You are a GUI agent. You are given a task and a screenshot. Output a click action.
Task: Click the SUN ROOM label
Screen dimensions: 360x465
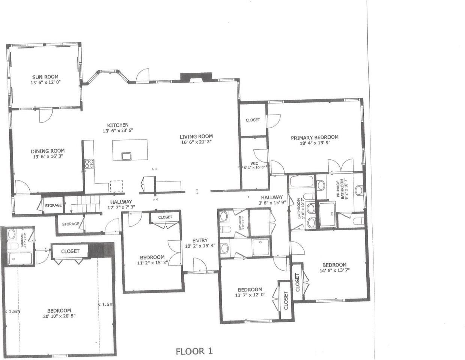coord(45,77)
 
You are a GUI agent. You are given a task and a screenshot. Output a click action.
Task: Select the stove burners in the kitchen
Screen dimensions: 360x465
coord(89,163)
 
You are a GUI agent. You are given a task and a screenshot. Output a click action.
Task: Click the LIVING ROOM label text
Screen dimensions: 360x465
coord(196,136)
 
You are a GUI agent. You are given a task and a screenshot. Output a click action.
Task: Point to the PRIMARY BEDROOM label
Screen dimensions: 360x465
coord(315,137)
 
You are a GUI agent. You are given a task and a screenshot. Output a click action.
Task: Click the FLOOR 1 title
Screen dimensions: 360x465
coord(194,351)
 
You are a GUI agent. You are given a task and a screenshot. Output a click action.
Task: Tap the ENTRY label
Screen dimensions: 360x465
coord(200,240)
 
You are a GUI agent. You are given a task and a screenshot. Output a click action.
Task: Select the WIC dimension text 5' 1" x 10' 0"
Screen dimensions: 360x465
coord(254,167)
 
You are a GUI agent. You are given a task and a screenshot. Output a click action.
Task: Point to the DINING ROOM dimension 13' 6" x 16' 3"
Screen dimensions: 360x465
coord(48,156)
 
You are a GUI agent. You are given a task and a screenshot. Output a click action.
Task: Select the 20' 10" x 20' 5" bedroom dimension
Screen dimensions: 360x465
coord(59,316)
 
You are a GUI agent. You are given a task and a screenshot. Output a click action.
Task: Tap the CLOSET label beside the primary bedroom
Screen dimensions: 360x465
coord(253,120)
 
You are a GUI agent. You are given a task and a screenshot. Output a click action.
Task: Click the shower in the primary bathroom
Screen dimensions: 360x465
coord(328,214)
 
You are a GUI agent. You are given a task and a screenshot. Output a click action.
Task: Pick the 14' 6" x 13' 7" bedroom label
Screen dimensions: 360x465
coord(334,270)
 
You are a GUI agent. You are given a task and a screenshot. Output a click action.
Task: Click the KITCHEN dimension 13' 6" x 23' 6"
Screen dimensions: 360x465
coord(118,130)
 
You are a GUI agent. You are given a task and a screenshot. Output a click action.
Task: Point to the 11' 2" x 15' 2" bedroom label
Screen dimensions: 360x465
coord(152,262)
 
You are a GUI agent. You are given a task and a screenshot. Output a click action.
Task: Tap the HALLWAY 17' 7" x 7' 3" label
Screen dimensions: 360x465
coord(121,207)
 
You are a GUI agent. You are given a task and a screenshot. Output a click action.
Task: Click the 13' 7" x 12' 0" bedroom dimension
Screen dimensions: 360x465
coord(250,295)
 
